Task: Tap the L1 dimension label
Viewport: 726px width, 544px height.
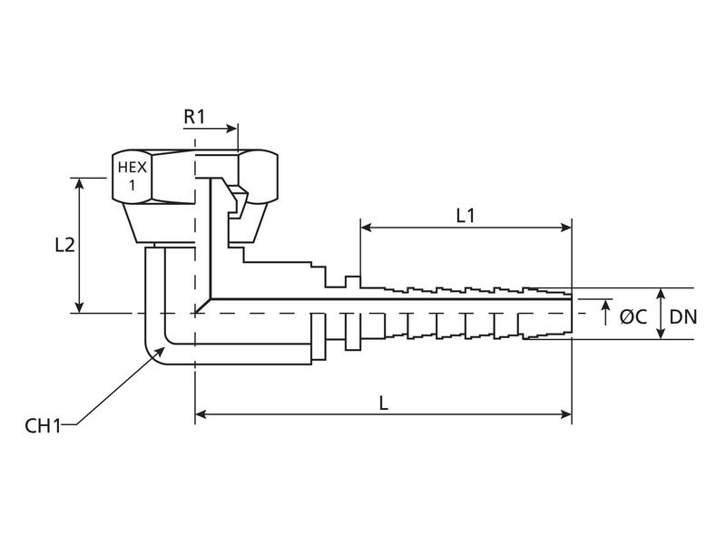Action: (466, 215)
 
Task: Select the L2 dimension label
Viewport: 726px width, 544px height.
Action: (63, 245)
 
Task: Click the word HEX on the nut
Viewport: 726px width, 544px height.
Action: (132, 168)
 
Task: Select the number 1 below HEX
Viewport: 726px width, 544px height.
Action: (132, 184)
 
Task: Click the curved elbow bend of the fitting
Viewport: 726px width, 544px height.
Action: (156, 349)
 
